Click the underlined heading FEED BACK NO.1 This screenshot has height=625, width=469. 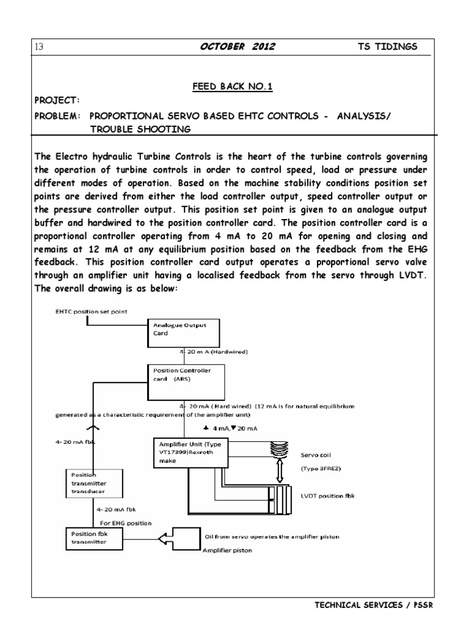tap(232, 87)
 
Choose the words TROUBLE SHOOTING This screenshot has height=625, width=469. tap(140, 128)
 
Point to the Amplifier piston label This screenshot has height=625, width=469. tap(227, 551)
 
